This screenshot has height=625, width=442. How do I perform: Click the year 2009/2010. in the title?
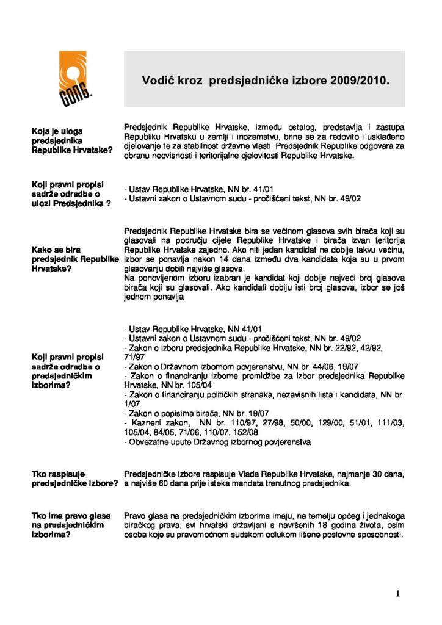357,80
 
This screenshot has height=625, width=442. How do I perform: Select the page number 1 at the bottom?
397,593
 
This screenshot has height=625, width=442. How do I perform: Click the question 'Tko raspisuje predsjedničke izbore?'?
75,479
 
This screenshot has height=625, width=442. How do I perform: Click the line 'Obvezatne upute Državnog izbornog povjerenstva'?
217,441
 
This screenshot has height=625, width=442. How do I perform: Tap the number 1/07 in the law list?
132,404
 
